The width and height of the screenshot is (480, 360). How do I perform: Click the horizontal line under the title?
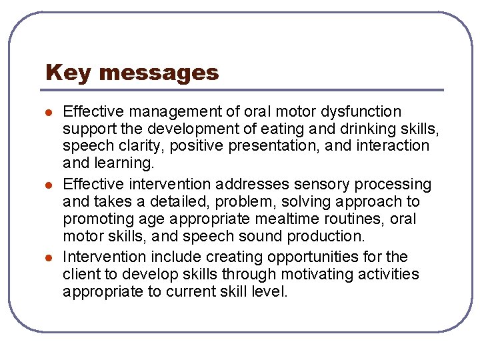click(x=243, y=90)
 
